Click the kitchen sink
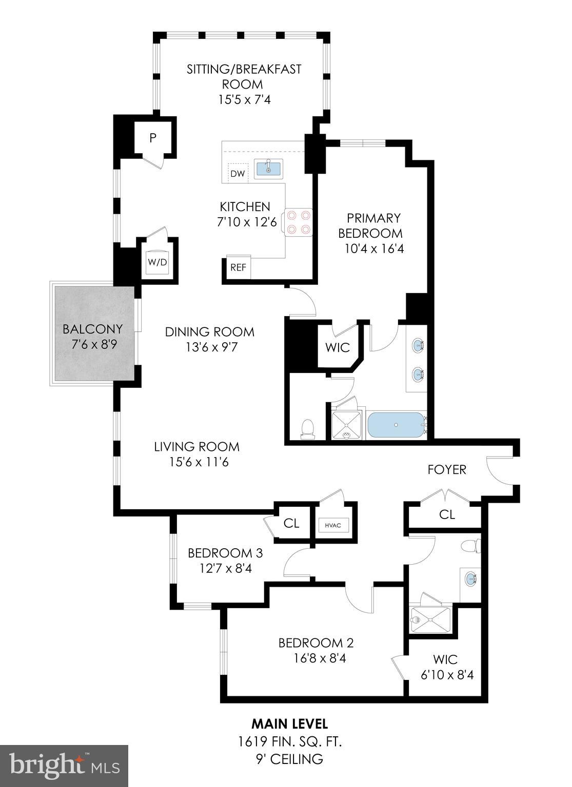268,168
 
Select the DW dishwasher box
238,174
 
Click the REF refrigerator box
238,267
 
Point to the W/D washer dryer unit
157,262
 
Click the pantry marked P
152,137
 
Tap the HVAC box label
333,525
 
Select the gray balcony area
92,333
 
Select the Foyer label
447,469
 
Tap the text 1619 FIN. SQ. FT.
290,741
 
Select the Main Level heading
289,723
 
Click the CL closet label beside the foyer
447,514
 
